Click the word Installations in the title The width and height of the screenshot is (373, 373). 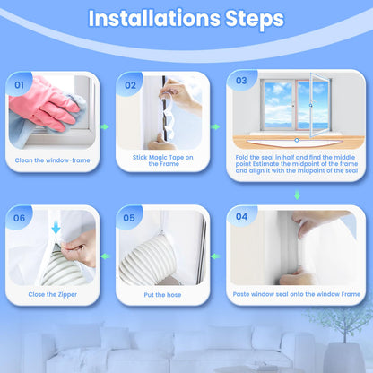click(x=154, y=19)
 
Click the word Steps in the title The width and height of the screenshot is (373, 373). click(x=255, y=20)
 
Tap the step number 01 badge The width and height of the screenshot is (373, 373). click(x=19, y=85)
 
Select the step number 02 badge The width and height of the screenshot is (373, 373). click(x=130, y=85)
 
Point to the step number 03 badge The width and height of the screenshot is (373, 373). click(x=241, y=81)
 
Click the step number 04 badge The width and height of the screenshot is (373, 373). click(x=241, y=216)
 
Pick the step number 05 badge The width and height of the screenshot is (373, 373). click(x=129, y=218)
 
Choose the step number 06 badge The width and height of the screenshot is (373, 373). click(x=19, y=218)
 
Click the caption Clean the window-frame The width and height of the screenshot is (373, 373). click(x=53, y=160)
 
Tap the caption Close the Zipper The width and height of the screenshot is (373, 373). click(x=53, y=295)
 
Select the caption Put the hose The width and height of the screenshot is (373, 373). click(x=162, y=295)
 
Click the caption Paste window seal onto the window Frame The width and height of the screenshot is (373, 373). click(x=297, y=294)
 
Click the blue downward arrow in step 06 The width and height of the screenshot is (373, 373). click(x=56, y=228)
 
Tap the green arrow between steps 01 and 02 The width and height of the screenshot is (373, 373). click(x=104, y=126)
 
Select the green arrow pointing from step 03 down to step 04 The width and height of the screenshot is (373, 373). click(x=297, y=195)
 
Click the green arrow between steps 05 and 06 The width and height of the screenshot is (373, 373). click(x=105, y=256)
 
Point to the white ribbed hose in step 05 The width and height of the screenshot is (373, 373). click(x=148, y=259)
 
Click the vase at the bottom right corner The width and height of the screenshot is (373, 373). click(x=344, y=358)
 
